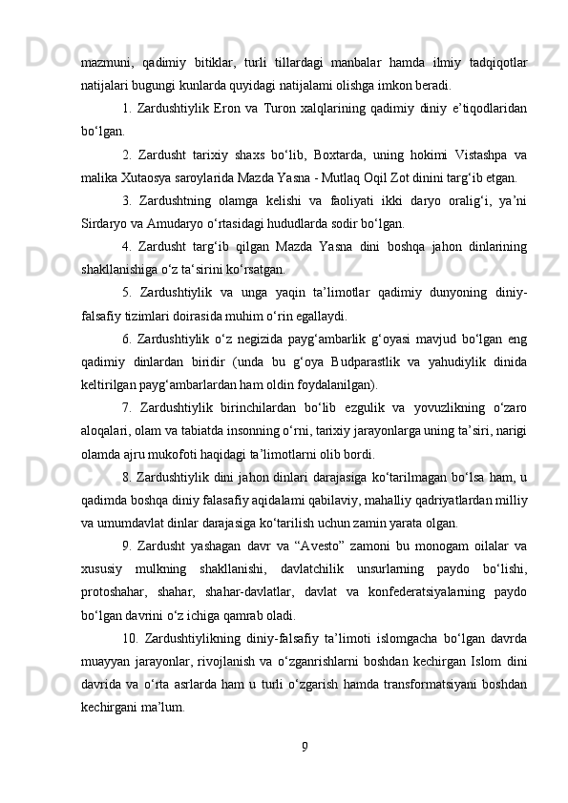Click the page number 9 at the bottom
click(304, 745)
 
